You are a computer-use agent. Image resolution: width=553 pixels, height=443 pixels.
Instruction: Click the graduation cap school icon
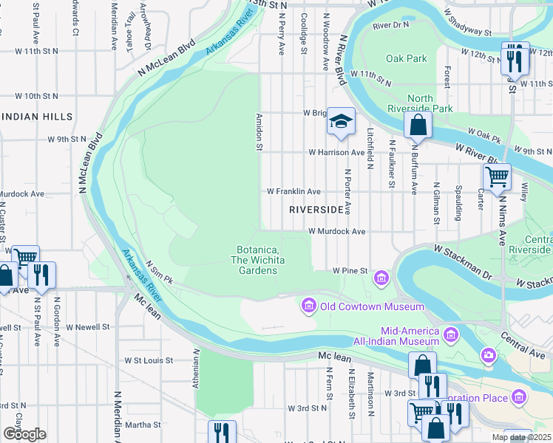pyautogui.click(x=340, y=123)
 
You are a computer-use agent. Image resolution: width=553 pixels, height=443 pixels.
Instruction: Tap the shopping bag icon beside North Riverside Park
pyautogui.click(x=418, y=126)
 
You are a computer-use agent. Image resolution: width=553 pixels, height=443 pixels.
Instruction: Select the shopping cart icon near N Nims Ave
pyautogui.click(x=497, y=177)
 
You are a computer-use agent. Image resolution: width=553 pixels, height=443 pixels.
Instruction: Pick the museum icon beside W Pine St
pyautogui.click(x=381, y=278)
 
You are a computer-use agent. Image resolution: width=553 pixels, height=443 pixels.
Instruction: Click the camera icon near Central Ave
pyautogui.click(x=488, y=357)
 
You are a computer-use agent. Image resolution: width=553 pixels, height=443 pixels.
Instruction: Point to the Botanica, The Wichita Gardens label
pyautogui.click(x=257, y=260)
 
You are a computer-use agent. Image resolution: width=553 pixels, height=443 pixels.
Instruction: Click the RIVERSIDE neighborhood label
pyautogui.click(x=317, y=210)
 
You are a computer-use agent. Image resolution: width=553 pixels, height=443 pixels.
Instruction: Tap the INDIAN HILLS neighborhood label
pyautogui.click(x=37, y=117)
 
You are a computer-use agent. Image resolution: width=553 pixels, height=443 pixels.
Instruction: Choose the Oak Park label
pyautogui.click(x=406, y=58)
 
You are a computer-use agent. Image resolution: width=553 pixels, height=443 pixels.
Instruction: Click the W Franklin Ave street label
pyautogui.click(x=294, y=191)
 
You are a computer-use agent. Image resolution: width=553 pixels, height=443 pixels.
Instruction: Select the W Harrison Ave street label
pyautogui.click(x=337, y=153)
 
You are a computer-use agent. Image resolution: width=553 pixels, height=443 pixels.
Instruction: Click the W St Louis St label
pyautogui.click(x=148, y=361)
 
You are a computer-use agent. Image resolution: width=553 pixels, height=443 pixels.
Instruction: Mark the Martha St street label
pyautogui.click(x=143, y=425)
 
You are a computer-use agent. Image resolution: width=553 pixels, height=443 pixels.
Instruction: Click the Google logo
pyautogui.click(x=24, y=434)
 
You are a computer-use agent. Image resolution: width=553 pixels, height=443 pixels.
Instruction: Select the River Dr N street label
pyautogui.click(x=391, y=25)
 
